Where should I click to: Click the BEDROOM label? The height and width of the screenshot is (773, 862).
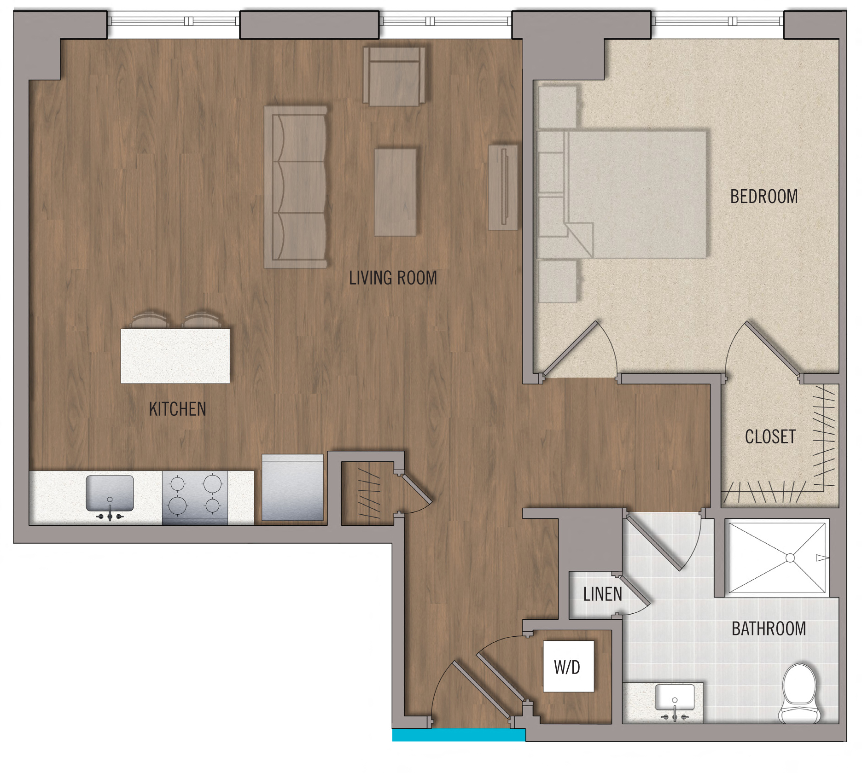(x=764, y=197)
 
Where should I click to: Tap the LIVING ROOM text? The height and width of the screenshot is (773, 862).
(x=393, y=278)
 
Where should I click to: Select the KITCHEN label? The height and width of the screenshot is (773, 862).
(x=177, y=409)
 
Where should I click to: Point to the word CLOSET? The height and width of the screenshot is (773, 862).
(x=770, y=437)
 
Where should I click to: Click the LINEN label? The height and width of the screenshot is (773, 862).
(x=602, y=594)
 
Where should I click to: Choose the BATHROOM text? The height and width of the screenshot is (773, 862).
(x=769, y=629)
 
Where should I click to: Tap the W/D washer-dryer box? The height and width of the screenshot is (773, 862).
(x=569, y=666)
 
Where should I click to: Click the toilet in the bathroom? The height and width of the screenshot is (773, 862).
(x=800, y=693)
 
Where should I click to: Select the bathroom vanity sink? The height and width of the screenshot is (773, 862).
(x=675, y=698)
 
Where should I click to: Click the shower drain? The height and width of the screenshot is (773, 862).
(x=790, y=558)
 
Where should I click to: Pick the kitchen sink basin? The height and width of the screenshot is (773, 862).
(x=110, y=493)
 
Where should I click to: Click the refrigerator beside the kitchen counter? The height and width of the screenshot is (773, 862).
(x=293, y=488)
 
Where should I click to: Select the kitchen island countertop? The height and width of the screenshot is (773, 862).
(x=175, y=356)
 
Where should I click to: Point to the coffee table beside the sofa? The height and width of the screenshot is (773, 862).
(x=396, y=192)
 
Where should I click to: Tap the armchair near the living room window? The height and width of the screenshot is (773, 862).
(x=394, y=76)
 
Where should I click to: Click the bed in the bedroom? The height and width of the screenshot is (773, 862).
(x=622, y=194)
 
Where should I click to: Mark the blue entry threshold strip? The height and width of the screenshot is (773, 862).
(x=459, y=735)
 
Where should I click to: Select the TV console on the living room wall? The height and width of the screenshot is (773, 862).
(x=503, y=187)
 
